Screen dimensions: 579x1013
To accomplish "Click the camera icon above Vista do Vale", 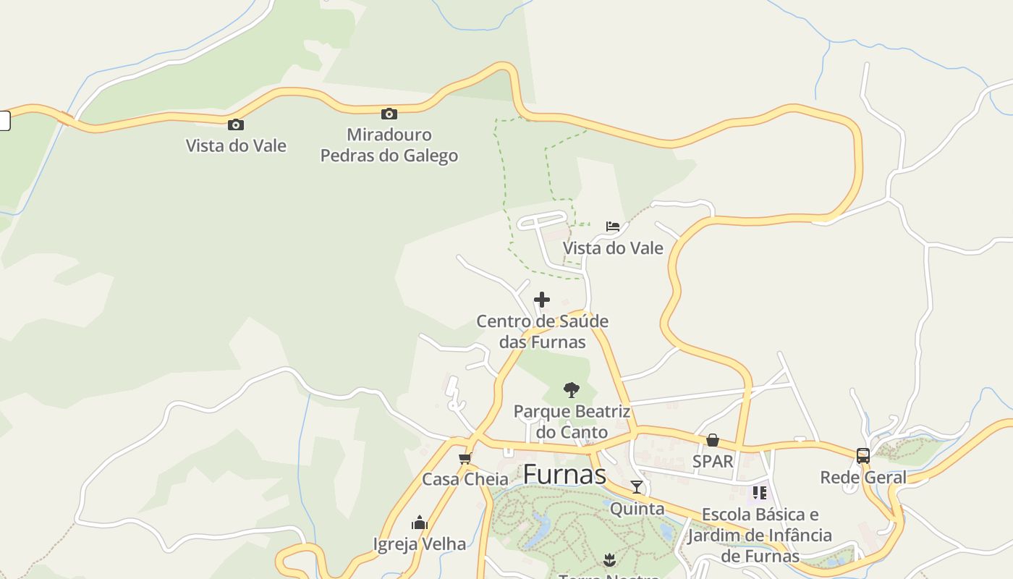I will pyautogui.click(x=236, y=125).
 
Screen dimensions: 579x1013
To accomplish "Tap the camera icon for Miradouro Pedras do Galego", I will pyautogui.click(x=389, y=114).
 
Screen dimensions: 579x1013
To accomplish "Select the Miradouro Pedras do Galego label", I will pyautogui.click(x=389, y=145).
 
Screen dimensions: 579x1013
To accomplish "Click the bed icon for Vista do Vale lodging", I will pyautogui.click(x=613, y=227).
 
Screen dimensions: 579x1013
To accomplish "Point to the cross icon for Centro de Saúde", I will pyautogui.click(x=542, y=300).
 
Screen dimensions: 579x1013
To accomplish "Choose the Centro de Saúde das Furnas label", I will pyautogui.click(x=542, y=331).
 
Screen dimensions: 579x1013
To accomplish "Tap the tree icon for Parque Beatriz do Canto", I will pyautogui.click(x=572, y=390).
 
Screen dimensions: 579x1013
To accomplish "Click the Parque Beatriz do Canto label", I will pyautogui.click(x=572, y=422).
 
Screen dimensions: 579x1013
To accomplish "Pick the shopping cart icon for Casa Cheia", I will pyautogui.click(x=465, y=458).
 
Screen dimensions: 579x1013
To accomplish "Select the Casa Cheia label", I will pyautogui.click(x=465, y=479).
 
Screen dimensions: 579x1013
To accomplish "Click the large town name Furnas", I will pyautogui.click(x=564, y=475).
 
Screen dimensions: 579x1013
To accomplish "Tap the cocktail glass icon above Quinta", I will pyautogui.click(x=637, y=487).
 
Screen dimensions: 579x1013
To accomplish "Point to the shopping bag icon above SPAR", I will pyautogui.click(x=713, y=440).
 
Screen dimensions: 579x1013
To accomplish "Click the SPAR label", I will pyautogui.click(x=713, y=461).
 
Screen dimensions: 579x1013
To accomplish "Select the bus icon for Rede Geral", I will pyautogui.click(x=863, y=456).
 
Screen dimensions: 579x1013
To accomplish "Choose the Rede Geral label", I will pyautogui.click(x=863, y=478).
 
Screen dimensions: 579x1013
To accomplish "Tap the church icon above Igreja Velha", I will pyautogui.click(x=420, y=523).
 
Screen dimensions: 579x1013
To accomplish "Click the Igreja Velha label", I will pyautogui.click(x=420, y=544).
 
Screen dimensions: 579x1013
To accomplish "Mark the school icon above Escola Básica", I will pyautogui.click(x=759, y=493).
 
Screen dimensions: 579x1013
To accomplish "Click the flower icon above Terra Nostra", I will pyautogui.click(x=609, y=559).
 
